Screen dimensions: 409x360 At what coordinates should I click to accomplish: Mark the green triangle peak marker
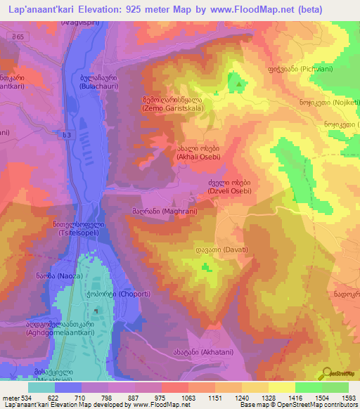[240, 85]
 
